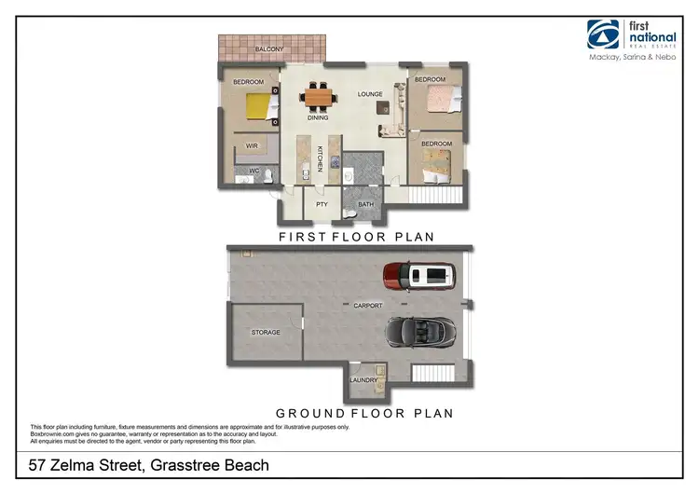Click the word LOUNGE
[x=370, y=95]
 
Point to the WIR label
[x=252, y=146]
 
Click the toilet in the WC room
[x=267, y=174]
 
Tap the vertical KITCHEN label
[x=319, y=159]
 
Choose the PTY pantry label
[x=322, y=204]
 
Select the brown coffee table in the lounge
[x=383, y=108]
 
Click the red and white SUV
[x=420, y=276]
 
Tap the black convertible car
[x=420, y=331]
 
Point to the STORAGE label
[x=266, y=333]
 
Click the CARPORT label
[x=367, y=306]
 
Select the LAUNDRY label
[x=363, y=380]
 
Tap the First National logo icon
[x=603, y=35]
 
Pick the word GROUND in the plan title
[x=312, y=413]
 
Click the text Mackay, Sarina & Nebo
[x=633, y=59]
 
